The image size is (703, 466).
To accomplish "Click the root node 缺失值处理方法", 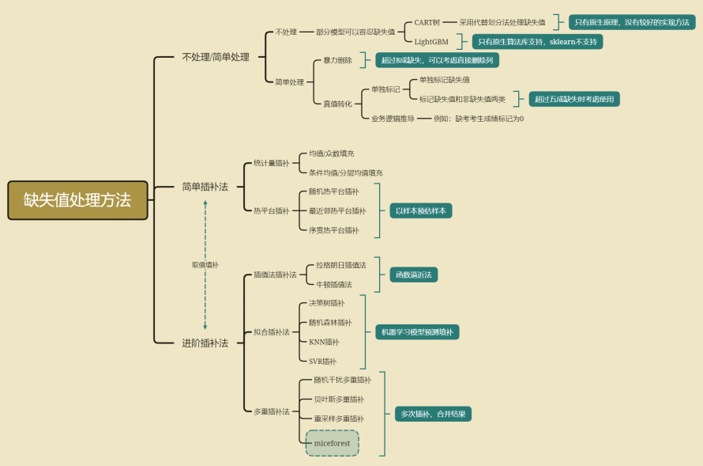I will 77,200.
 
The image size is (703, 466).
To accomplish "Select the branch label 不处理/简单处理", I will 215,57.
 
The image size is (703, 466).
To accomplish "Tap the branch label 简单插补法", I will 205,187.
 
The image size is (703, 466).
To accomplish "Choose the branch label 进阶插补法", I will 205,343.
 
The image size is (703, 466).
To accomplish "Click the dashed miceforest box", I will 332,443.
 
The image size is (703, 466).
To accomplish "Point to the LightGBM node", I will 431,41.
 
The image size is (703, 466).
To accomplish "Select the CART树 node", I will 427,22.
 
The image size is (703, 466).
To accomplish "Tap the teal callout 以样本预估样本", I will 420,210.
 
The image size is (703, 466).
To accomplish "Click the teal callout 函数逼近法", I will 413,275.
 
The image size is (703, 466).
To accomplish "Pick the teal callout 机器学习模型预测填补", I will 417,332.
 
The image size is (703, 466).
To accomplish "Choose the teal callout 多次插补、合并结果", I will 433,414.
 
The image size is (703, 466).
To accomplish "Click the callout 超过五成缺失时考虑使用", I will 574,99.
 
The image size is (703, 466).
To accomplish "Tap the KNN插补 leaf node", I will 324,342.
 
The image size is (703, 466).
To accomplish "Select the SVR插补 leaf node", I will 322,361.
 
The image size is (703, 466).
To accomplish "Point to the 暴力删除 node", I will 337,60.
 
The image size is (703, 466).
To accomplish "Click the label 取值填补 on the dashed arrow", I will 205,265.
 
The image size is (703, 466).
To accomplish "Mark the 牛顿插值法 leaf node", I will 334,284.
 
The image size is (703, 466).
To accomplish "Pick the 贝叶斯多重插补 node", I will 339,400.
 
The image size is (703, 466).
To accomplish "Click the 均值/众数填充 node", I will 332,153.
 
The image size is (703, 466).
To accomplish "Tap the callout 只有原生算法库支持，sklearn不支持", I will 537,41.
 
